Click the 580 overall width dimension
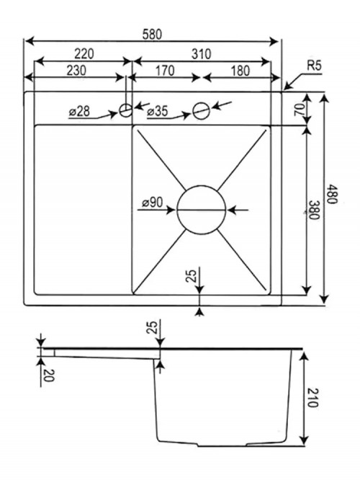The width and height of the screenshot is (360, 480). [x=152, y=34]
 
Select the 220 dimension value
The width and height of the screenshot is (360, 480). [x=84, y=53]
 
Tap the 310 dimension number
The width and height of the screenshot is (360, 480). [x=202, y=54]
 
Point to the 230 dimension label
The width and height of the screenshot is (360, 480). [x=76, y=70]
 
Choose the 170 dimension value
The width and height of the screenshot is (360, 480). [x=165, y=71]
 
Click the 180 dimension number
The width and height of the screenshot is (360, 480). [x=240, y=71]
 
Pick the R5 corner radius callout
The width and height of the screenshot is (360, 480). [x=314, y=66]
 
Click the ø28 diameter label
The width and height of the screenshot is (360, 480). [x=80, y=112]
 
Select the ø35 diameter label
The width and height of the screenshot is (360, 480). [x=158, y=112]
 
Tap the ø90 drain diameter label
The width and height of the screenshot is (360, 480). [x=153, y=203]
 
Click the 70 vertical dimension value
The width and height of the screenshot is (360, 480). [x=300, y=110]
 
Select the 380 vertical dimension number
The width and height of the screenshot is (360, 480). [x=314, y=210]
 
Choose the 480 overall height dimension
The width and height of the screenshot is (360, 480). [x=332, y=194]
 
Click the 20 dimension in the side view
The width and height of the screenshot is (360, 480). [x=49, y=375]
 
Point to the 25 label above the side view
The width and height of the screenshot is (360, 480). [x=153, y=326]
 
